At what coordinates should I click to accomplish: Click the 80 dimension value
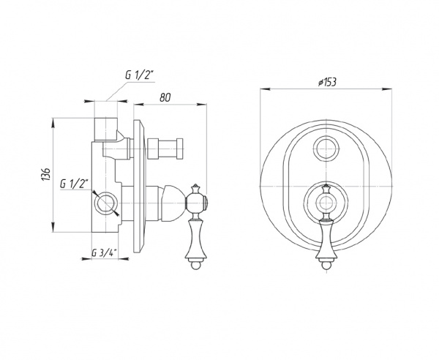(165, 97)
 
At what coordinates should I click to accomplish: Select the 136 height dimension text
(46, 174)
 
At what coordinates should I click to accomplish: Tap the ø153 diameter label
(327, 82)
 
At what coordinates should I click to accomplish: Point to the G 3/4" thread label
(104, 253)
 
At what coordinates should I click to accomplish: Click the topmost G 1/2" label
(140, 75)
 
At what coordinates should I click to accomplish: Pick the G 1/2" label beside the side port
(74, 184)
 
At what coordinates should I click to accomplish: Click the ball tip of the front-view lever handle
(326, 265)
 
